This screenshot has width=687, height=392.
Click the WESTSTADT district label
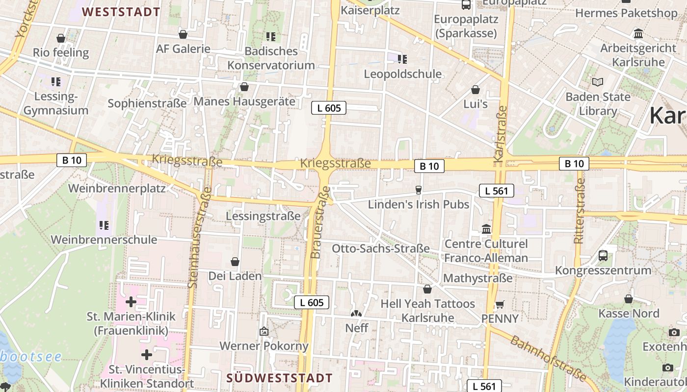point(121,12)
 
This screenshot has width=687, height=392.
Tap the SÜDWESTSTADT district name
point(280,378)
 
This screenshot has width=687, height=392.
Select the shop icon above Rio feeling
point(61,38)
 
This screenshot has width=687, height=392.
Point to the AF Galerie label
point(183,49)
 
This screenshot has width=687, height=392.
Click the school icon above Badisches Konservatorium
point(270,36)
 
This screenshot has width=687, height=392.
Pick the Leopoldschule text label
point(402,74)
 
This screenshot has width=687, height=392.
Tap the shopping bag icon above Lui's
point(475,90)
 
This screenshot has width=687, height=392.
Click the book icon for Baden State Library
point(597,82)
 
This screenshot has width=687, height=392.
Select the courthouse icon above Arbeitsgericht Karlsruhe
point(638,34)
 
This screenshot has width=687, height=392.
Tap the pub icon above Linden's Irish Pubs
point(419,190)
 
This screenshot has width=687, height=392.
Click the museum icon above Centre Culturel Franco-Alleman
point(486,229)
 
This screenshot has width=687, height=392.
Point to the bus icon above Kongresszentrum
point(603,255)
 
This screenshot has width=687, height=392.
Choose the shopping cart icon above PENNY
point(500,304)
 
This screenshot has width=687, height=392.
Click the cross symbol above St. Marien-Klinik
point(131,301)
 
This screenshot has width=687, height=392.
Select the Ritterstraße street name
point(579,211)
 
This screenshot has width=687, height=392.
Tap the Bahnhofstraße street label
point(548,358)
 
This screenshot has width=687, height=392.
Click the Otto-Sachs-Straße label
point(381,248)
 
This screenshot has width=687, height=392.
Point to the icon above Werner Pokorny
point(264,332)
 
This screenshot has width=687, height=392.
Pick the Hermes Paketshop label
point(626,13)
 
